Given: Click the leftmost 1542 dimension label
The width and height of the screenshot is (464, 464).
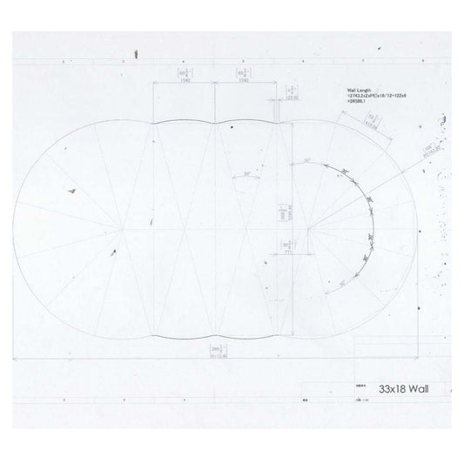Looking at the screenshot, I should (x=185, y=76).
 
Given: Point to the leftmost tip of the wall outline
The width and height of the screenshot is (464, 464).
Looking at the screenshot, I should (x=15, y=228).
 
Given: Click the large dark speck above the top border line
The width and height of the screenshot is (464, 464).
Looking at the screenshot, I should (x=136, y=55).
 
